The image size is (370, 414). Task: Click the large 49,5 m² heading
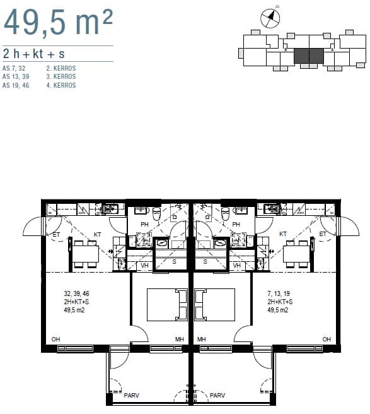(59, 22)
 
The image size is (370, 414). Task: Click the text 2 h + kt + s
(34, 54)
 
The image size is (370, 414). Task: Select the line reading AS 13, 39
(16, 76)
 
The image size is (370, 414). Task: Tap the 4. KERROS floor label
(61, 85)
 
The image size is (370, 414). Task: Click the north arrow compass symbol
(270, 18)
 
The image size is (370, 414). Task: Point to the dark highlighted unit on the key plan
(309, 56)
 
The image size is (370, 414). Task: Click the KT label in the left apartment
(98, 235)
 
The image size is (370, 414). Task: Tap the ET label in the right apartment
(323, 234)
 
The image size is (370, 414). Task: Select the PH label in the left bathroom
(144, 225)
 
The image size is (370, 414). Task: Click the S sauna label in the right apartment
(205, 262)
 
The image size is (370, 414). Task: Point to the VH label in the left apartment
(144, 265)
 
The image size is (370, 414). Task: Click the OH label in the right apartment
(327, 339)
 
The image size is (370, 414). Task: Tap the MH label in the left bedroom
(180, 339)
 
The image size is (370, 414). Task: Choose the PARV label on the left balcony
(131, 395)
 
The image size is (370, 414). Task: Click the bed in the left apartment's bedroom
(167, 305)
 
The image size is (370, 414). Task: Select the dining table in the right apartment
(296, 254)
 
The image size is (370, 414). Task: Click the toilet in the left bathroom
(157, 213)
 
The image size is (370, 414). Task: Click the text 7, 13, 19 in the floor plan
(279, 293)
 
